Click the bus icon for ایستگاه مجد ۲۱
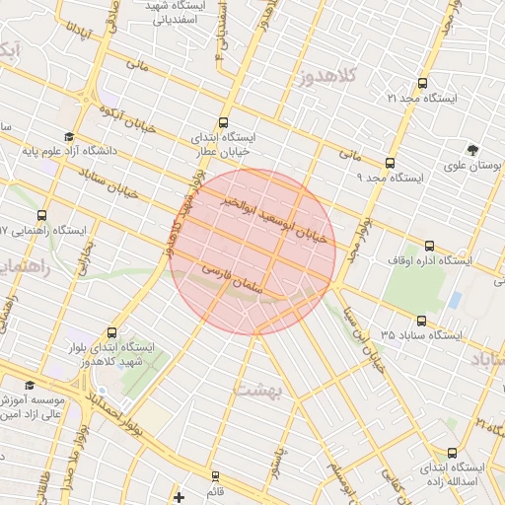click(423, 84)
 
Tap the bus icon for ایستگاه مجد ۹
click(391, 163)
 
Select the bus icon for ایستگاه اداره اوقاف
click(428, 246)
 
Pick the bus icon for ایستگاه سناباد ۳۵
click(422, 321)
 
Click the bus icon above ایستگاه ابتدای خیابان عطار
click(225, 122)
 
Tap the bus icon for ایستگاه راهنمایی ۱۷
click(40, 215)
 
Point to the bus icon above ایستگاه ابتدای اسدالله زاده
click(452, 453)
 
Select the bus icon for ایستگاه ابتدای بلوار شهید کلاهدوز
click(110, 333)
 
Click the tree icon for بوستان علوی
click(474, 151)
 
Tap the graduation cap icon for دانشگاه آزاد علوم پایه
click(68, 137)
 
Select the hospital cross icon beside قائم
click(179, 495)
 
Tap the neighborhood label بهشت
click(258, 391)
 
